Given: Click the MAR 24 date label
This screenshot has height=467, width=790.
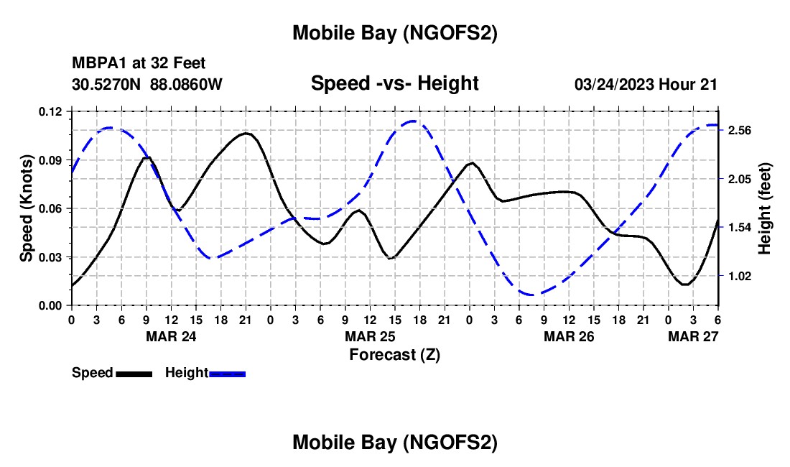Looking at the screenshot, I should pos(172,336).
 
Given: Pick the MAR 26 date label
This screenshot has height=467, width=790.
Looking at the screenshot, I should pos(569,336).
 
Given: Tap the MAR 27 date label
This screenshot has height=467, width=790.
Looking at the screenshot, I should pos(693,336).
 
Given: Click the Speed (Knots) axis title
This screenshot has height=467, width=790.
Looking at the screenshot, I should pos(27,208).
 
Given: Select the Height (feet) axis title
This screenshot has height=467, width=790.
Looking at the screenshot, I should pos(765,208).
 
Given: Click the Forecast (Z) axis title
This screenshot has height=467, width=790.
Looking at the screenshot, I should pos(394,354).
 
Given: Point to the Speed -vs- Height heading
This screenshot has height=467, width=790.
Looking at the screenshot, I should pos(394,83).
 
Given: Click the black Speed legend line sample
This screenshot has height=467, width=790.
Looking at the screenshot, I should pos(134,374).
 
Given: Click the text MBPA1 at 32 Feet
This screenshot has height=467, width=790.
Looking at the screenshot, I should pos(139,64).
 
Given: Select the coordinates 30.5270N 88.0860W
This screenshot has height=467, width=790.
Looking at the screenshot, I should pos(147,84).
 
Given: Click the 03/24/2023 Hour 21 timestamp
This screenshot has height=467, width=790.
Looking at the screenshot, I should pos(646,84).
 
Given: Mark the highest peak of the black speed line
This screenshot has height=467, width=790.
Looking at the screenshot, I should pos(246,133).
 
